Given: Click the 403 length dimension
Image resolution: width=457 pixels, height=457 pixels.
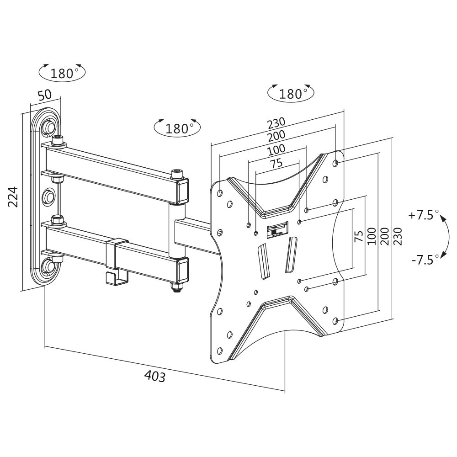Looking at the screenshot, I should click(154, 376).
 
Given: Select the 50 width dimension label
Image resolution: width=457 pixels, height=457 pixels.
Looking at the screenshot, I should click(44, 96).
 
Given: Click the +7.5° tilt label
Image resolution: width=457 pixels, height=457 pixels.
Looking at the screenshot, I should click(424, 215).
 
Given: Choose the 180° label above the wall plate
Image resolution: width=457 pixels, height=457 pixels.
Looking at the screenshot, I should click(62, 73).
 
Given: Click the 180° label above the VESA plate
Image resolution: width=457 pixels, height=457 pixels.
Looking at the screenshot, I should click(291, 94).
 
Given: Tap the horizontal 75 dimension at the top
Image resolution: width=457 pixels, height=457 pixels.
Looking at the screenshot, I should click(276, 163).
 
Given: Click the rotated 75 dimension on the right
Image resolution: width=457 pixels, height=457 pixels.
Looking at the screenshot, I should click(359, 236).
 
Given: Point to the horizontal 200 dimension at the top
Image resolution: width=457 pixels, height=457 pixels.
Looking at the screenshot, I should click(276, 135).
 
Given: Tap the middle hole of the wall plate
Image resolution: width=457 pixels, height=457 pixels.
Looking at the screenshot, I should click(48, 197).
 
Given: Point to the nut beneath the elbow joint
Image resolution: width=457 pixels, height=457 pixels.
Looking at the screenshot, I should click(176, 288).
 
